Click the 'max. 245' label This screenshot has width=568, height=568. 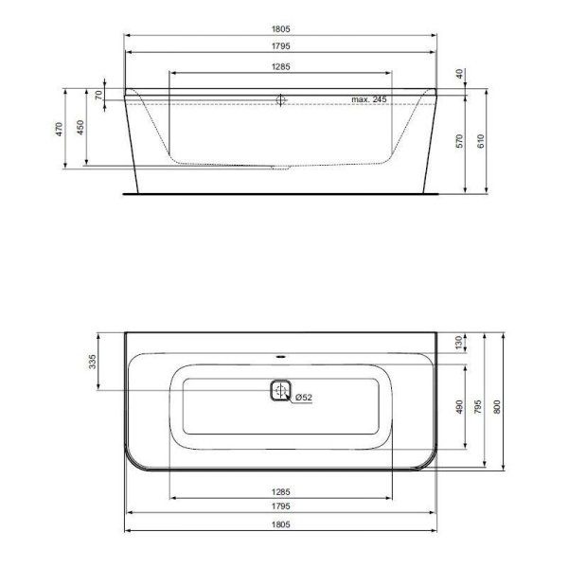370,98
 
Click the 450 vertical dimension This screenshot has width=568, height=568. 80,128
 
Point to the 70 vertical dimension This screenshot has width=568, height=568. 98,95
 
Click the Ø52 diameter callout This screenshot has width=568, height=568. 304,398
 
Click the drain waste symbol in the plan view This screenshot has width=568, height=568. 280,390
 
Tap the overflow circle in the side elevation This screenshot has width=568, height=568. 280,98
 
